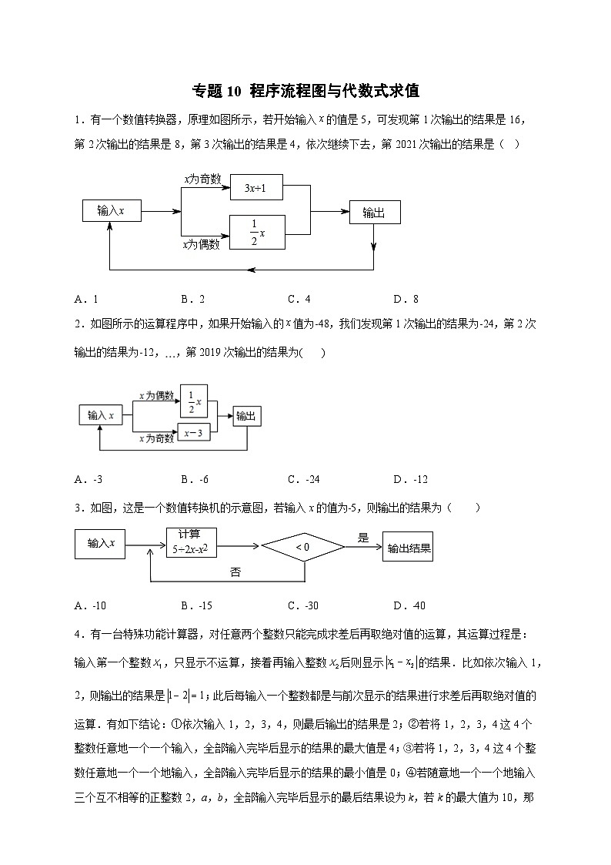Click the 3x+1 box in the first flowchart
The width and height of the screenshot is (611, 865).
point(256,187)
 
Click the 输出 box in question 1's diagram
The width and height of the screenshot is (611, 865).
point(374,213)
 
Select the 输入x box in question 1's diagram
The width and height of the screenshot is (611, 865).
point(112,210)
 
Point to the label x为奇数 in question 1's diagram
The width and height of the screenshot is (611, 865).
point(202,179)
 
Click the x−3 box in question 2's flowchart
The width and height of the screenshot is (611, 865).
point(193,434)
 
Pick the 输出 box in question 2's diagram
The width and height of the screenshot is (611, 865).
point(246,416)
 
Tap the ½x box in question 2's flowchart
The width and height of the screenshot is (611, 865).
point(194,401)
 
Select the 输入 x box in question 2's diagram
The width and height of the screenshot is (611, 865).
point(100,416)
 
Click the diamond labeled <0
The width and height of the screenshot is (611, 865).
point(302,547)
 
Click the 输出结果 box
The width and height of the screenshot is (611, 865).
point(408,548)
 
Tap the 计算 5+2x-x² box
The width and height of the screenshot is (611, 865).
point(191,542)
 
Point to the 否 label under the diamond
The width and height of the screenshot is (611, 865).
point(237,572)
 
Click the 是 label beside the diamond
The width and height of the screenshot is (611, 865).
point(363,538)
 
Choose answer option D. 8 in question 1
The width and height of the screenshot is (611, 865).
point(406,300)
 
